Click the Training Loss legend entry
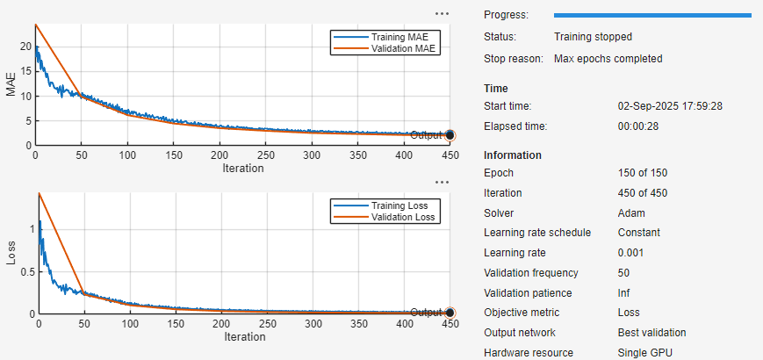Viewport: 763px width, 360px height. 399,205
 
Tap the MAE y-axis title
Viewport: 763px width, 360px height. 11,85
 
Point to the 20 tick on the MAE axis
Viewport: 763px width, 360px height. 25,47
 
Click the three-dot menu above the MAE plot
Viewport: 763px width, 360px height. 442,14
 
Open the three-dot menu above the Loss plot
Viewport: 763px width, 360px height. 442,182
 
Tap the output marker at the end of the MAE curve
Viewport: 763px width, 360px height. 450,135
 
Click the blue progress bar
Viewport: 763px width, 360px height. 651,15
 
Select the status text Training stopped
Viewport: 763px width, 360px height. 593,37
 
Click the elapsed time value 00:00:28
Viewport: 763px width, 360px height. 643,126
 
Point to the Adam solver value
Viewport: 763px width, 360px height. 631,213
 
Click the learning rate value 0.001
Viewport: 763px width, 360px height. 632,253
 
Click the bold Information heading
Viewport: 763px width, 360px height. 512,155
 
